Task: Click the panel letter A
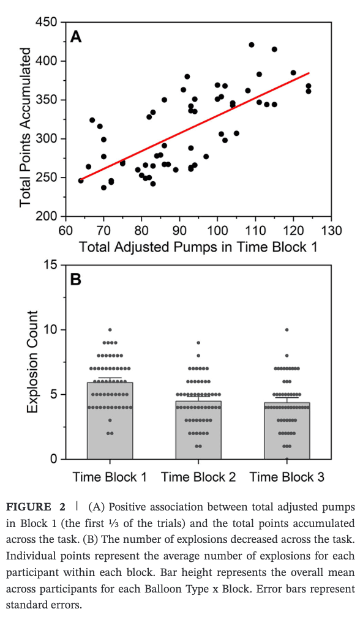[76, 37]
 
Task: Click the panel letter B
[76, 280]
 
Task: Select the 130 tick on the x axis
[331, 231]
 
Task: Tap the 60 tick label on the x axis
[66, 231]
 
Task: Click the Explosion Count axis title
[33, 362]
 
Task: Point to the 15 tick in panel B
[51, 265]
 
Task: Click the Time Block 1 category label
[110, 477]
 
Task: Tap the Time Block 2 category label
[198, 477]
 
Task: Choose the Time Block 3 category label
[287, 477]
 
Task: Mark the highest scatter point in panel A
[252, 45]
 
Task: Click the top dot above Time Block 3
[287, 330]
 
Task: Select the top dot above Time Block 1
[110, 330]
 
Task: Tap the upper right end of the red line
[309, 73]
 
